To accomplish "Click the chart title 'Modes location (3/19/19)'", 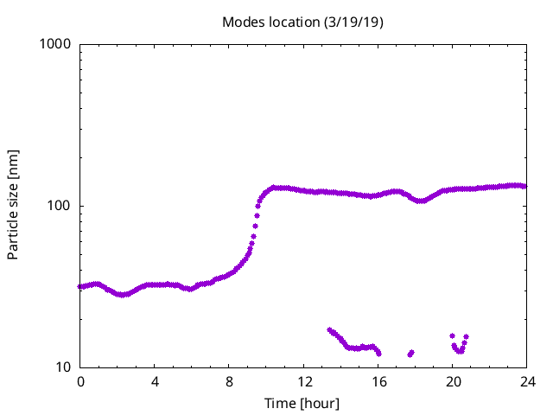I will click(302, 22).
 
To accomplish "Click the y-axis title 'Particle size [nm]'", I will click(14, 205).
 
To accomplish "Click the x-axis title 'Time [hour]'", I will click(302, 404).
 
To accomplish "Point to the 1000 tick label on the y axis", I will click(56, 44).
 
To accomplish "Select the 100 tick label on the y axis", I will click(60, 206).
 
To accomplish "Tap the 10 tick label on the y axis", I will click(63, 367).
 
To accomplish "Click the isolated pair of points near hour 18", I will click(410, 353).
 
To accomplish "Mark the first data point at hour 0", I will click(80, 286).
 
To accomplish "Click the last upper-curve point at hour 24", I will click(525, 186).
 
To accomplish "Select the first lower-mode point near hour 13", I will click(329, 329).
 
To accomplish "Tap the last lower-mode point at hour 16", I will click(378, 353).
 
